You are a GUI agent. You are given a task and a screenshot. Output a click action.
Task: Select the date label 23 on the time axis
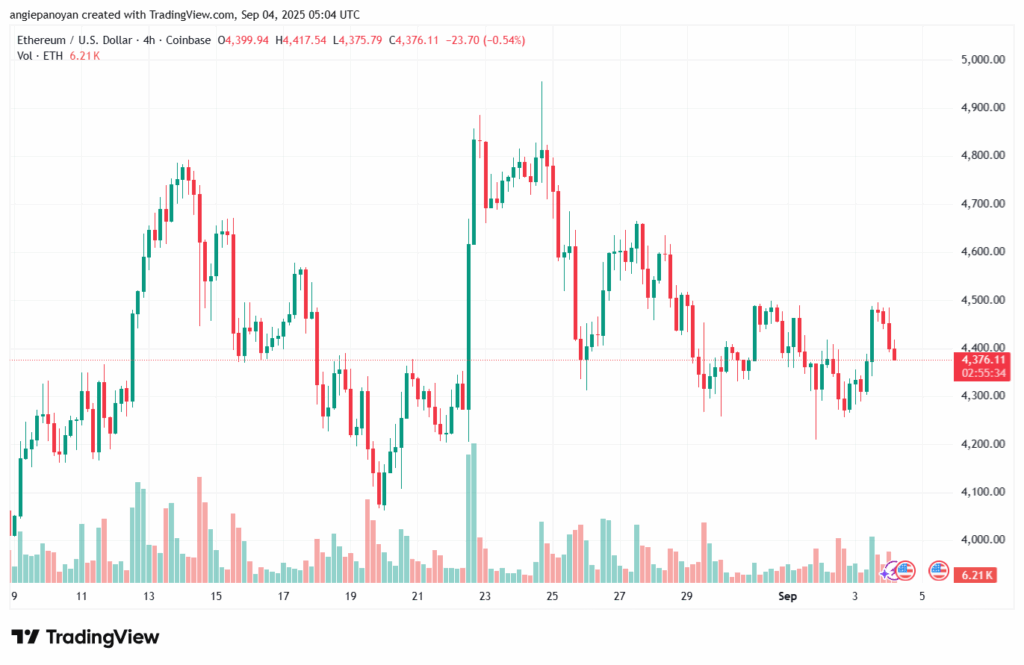point(485,596)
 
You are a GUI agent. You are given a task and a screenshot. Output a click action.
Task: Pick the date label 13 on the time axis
point(149,596)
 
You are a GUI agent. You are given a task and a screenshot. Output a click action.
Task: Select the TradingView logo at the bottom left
point(85,637)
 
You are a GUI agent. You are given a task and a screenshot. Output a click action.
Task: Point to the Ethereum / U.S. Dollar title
point(75,40)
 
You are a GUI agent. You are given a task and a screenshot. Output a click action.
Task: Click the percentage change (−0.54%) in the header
point(505,40)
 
